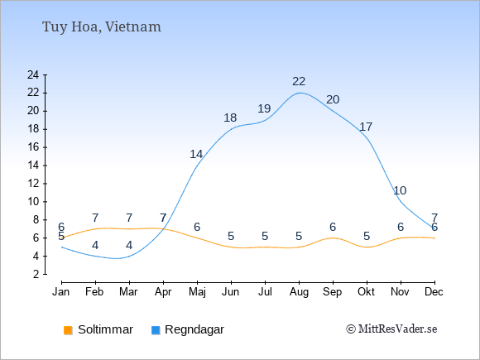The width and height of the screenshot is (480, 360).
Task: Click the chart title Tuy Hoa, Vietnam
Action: tap(101, 26)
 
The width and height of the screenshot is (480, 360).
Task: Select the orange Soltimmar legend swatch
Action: tap(68, 330)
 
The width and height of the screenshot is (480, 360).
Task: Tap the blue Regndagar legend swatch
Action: tap(156, 330)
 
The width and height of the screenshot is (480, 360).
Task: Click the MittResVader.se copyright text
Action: tap(391, 329)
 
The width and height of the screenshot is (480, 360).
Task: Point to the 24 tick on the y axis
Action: tap(33, 74)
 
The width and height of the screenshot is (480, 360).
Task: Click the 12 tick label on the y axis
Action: tap(33, 184)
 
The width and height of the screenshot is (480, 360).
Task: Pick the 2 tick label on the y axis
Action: tap(36, 274)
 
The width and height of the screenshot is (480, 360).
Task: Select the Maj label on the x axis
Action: tap(197, 292)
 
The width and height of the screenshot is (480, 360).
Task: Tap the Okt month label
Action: tap(366, 292)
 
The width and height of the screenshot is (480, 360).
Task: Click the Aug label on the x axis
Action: tap(299, 292)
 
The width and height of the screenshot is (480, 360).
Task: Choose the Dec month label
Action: tap(434, 292)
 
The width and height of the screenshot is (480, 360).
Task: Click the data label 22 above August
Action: tap(299, 81)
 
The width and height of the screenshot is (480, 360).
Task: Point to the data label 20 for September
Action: tap(333, 99)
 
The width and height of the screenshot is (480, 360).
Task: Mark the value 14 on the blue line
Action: tap(196, 154)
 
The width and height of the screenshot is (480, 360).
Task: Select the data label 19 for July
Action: tap(264, 108)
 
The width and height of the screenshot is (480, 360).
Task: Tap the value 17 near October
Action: tap(366, 127)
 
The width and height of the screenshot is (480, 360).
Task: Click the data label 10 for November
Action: tap(400, 190)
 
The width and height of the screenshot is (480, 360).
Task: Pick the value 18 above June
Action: tap(230, 118)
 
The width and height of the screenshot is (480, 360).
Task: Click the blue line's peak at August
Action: tap(299, 93)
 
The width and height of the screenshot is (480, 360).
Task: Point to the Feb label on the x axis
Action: tap(94, 292)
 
